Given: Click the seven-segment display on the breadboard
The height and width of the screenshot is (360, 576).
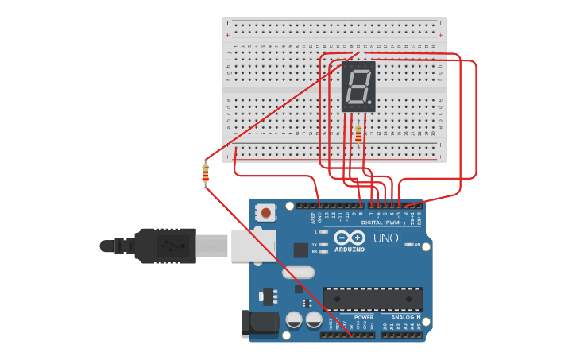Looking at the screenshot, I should coord(358,86).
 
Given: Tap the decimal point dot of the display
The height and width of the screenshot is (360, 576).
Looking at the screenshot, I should coord(370,103).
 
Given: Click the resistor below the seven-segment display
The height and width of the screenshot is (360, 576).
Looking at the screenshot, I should coord(358,134).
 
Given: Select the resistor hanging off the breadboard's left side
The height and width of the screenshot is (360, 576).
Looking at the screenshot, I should coord(206,172).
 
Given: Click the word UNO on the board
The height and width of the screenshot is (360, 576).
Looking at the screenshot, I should coord(386,238).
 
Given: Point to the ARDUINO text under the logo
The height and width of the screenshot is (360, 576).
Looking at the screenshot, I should coord(350,250).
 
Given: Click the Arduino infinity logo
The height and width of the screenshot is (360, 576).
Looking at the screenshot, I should coord(350,238).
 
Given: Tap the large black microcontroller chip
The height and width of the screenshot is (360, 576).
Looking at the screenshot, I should coord(373,300).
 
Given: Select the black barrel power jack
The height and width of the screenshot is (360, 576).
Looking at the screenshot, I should coord(260,323).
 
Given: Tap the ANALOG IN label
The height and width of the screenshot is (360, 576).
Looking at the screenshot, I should coord(406,317).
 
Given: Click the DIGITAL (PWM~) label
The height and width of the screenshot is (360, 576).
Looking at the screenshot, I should coord(383,223).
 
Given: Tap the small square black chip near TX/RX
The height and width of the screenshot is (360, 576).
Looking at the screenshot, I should coord(300,250).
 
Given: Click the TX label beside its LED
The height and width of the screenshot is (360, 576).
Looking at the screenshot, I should coord(315,244).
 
